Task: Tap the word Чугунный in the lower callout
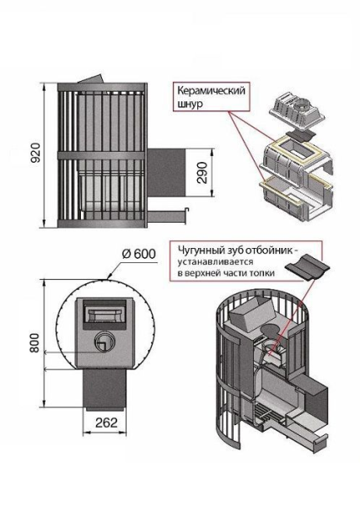[199, 250]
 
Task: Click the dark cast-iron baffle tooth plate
[306, 267]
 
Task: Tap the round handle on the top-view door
[102, 342]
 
